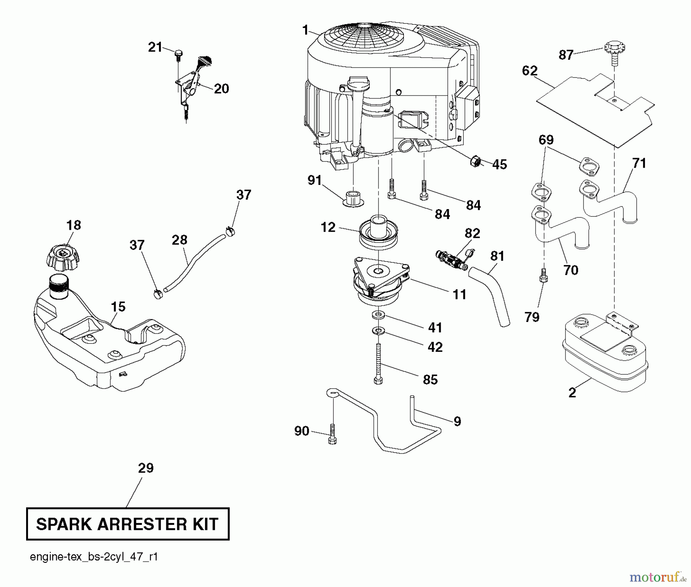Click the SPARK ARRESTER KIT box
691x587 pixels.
pos(127,524)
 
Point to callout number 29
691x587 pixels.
pos(145,468)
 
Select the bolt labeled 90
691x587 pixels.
pos(332,434)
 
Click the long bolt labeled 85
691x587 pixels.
pos(378,363)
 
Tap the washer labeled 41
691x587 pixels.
pos(379,315)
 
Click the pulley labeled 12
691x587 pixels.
pos(378,232)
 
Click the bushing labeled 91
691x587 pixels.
pos(353,198)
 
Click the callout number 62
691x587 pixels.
pos(529,71)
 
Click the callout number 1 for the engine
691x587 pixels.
pos(305,30)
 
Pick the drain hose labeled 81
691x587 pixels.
pos(493,295)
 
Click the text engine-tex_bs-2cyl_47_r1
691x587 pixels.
pos(94,557)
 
